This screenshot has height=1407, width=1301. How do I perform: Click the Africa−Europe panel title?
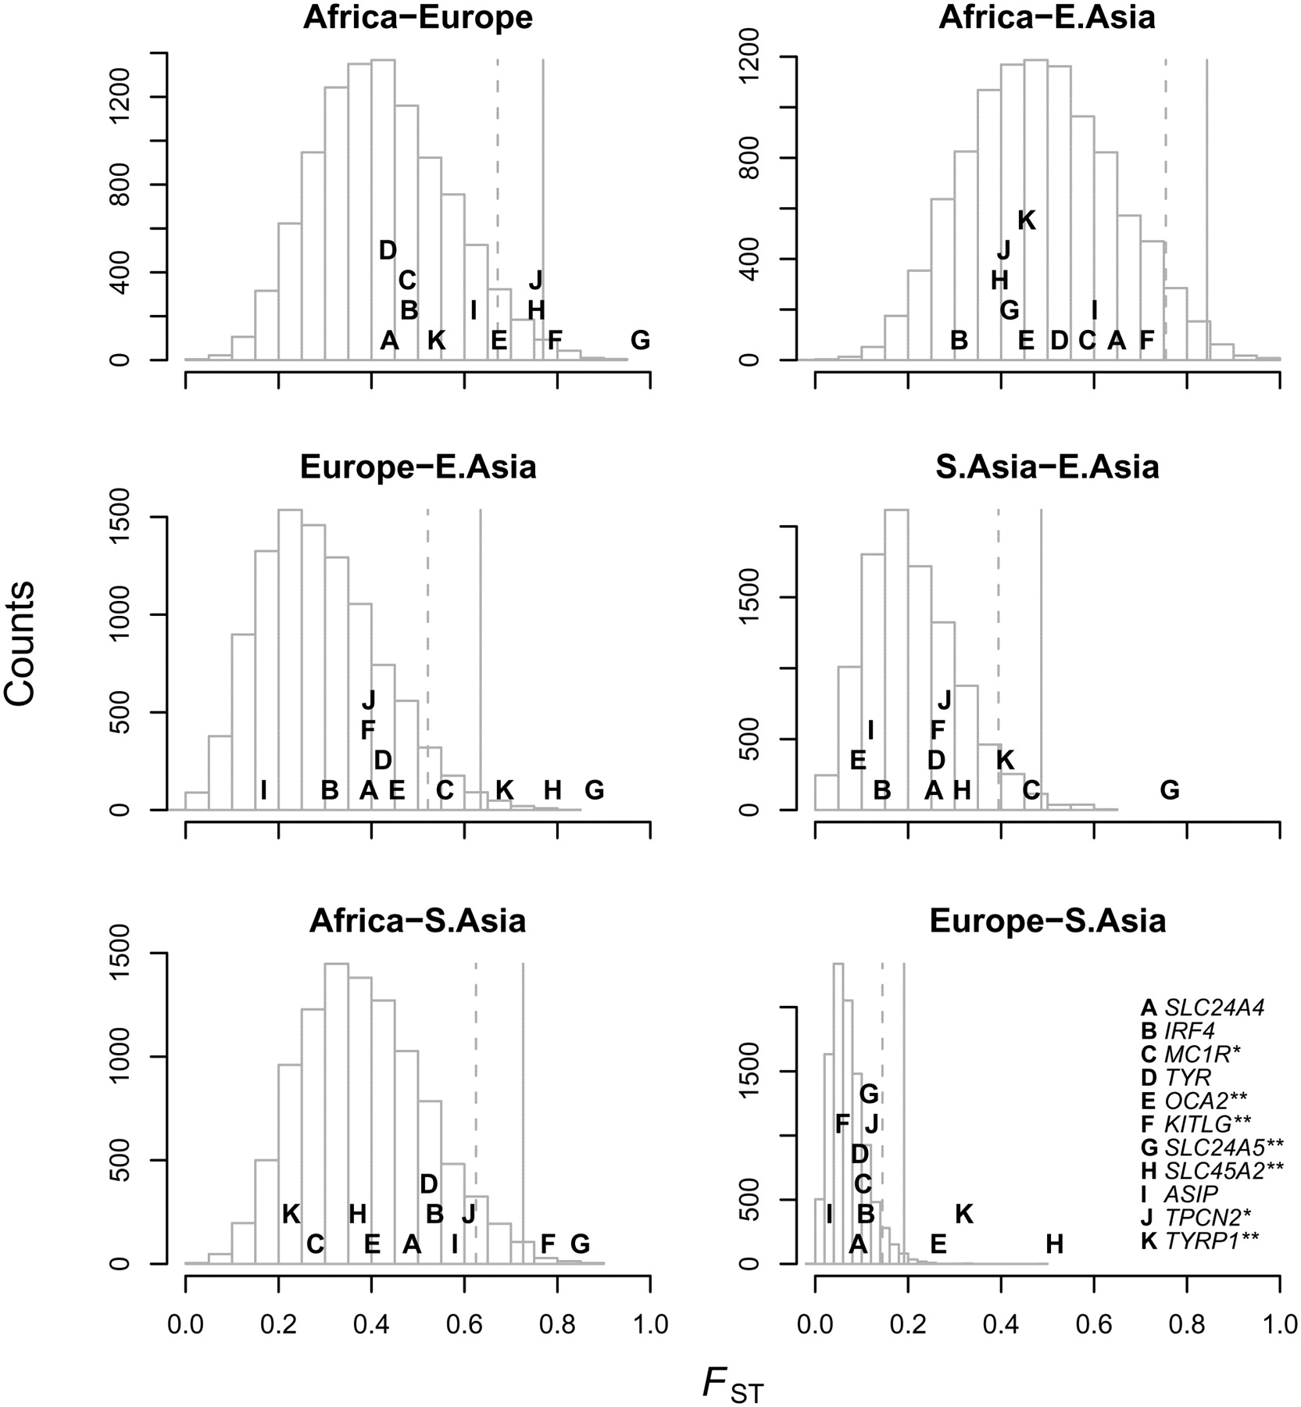coord(418,18)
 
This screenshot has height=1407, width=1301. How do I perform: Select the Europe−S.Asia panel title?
coord(1047,921)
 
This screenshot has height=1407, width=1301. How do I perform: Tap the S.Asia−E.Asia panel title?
coord(1047,467)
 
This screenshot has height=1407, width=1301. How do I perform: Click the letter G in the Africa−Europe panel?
coord(640,340)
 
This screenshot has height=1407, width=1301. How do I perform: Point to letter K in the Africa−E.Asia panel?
coord(1027,220)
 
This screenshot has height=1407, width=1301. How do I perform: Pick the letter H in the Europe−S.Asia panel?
coord(1054,1244)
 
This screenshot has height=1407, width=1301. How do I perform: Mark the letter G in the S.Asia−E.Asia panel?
coord(1169,790)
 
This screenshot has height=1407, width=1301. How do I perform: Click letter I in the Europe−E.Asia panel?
coord(264,790)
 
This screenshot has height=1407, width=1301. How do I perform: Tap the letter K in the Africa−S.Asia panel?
coord(291,1214)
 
